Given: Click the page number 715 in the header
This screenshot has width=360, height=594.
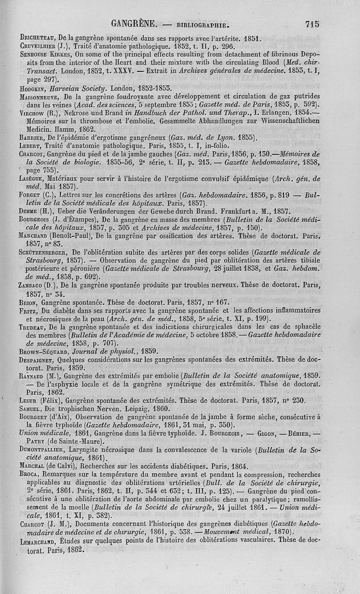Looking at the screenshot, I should [x=312, y=24].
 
